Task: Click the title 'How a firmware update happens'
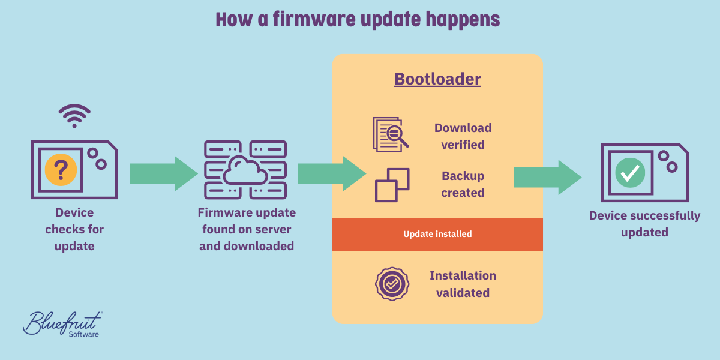pos(358,19)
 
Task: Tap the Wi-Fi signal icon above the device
pos(74,116)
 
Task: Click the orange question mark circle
pos(61,169)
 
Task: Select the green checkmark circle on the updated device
pos(630,173)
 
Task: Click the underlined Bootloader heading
pos(437,79)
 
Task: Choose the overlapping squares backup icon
pos(392,185)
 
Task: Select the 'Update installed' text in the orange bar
pos(437,234)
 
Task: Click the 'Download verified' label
pos(463,136)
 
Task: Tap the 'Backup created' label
pos(463,184)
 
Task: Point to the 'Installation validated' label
pos(463,284)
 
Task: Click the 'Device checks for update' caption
pos(74,229)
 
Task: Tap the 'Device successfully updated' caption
pos(644,224)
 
